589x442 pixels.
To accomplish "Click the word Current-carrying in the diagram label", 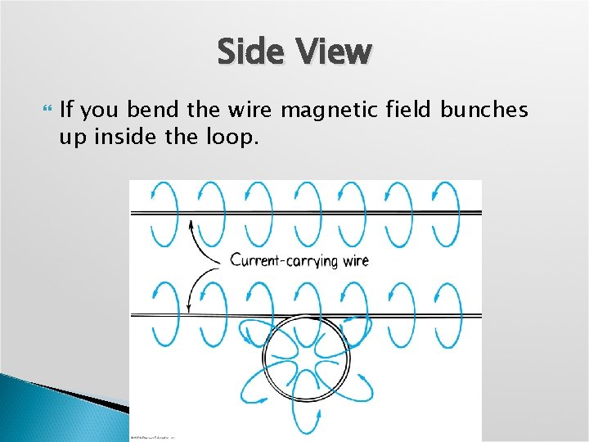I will pos(281,261).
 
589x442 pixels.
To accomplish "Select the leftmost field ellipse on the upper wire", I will pos(164,214).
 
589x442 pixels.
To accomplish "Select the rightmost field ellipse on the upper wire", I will pos(447,214).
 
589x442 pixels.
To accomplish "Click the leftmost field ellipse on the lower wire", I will pos(164,310).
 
